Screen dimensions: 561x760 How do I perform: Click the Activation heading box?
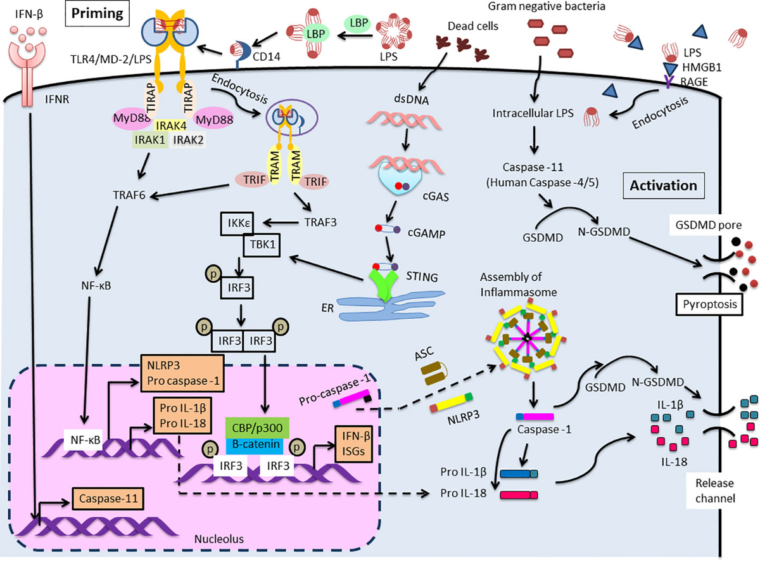(664, 186)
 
